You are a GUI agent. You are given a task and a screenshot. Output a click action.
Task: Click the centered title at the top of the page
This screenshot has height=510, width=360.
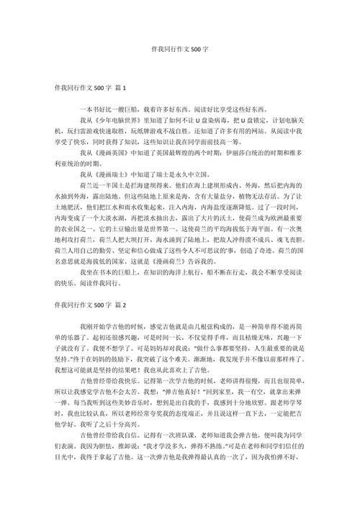pos(179,52)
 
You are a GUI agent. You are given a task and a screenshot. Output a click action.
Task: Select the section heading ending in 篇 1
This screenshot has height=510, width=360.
pos(86,89)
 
